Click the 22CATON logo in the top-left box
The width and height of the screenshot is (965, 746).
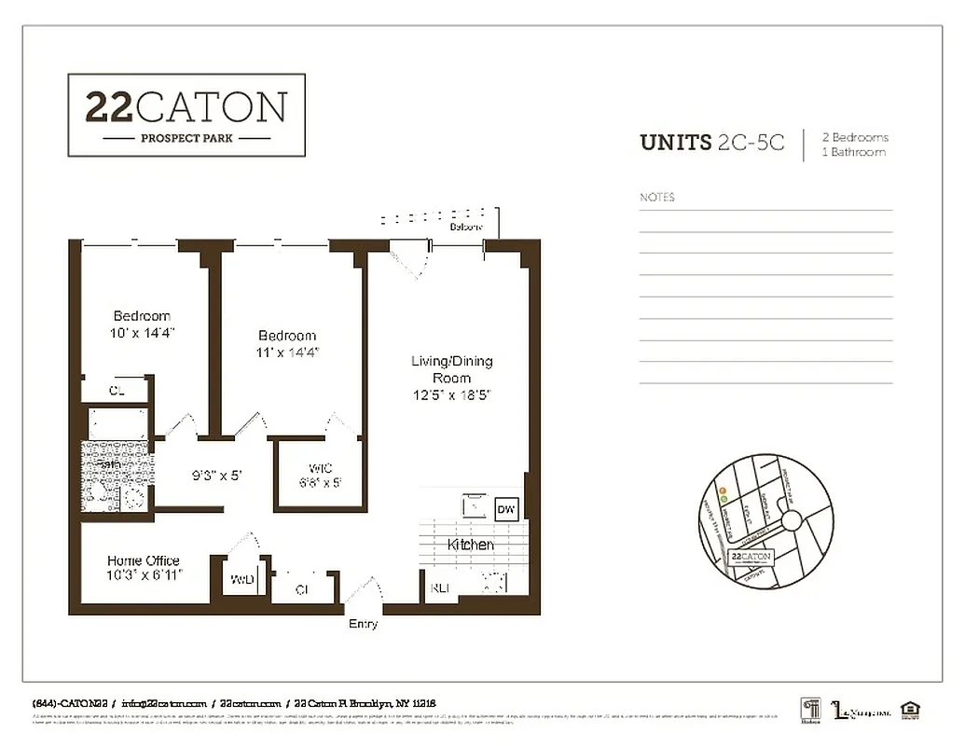[x=186, y=106]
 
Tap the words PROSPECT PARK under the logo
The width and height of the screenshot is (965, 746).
[x=186, y=139]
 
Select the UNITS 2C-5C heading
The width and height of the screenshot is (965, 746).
[x=711, y=143]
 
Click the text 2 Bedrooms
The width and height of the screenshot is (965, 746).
[x=855, y=137]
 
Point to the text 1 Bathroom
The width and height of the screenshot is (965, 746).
[x=853, y=152]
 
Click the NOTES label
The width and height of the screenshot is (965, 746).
[x=657, y=198]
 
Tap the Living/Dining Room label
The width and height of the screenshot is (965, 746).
[x=451, y=369]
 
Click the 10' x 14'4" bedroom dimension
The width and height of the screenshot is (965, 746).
[x=142, y=332]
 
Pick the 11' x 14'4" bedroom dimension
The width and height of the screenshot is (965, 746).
[x=287, y=352]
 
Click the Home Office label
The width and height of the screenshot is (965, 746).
[x=143, y=560]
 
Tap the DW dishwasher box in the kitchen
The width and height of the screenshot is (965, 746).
[x=506, y=509]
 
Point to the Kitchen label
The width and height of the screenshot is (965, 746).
[x=471, y=545]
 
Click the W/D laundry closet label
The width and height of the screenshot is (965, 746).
[x=241, y=579]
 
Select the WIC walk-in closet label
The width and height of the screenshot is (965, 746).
[x=320, y=468]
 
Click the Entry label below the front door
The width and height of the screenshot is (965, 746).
[x=363, y=624]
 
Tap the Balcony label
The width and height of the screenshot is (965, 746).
[x=466, y=227]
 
